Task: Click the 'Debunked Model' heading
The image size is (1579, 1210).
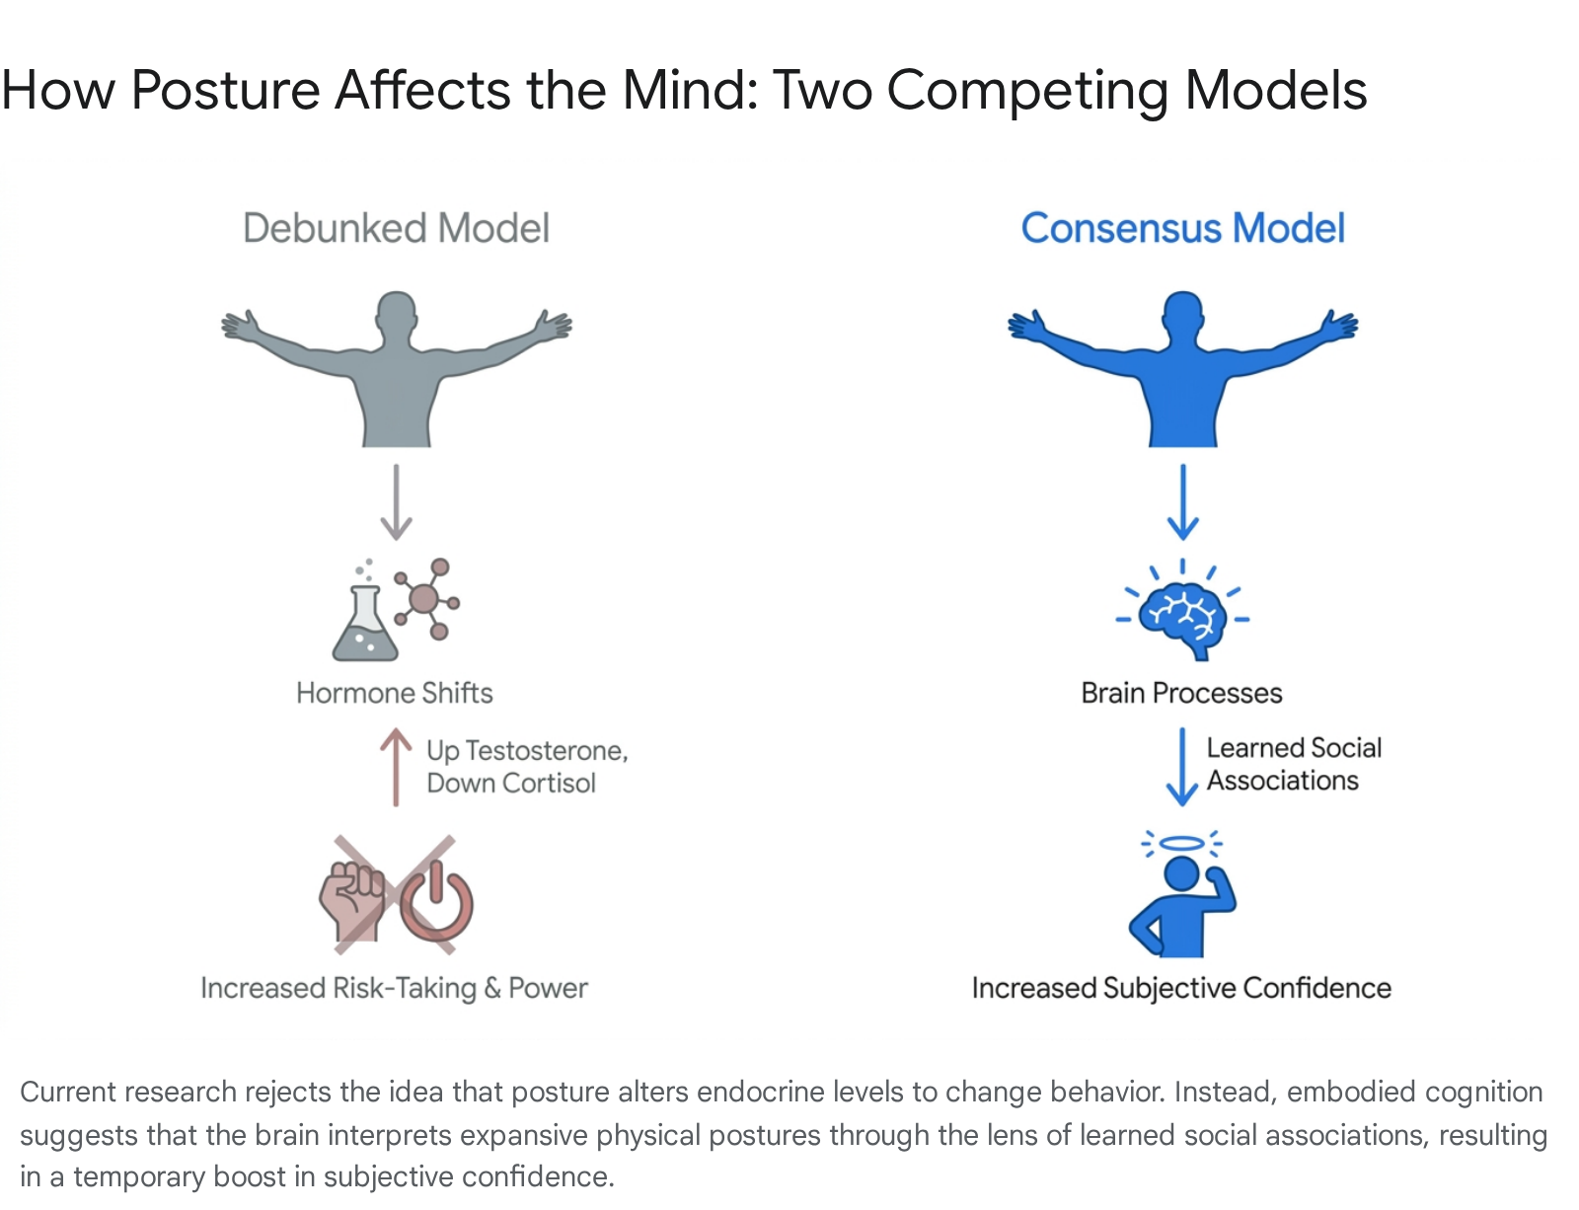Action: pyautogui.click(x=396, y=228)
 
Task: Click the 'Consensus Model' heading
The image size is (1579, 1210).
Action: pyautogui.click(x=1183, y=228)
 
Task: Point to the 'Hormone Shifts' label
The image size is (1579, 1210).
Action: pyautogui.click(x=395, y=693)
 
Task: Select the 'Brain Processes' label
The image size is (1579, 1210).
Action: pyautogui.click(x=1181, y=693)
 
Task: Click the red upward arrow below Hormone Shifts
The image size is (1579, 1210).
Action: pyautogui.click(x=396, y=768)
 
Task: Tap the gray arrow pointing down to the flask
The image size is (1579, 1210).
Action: pyautogui.click(x=396, y=502)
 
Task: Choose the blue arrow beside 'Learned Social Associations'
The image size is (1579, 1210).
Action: pyautogui.click(x=1182, y=767)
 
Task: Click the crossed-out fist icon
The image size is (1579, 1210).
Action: pyautogui.click(x=351, y=901)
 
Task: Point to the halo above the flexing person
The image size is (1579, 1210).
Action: pyautogui.click(x=1182, y=844)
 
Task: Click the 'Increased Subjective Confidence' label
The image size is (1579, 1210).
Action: pyautogui.click(x=1181, y=988)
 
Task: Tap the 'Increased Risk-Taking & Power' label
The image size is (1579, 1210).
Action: pyautogui.click(x=395, y=988)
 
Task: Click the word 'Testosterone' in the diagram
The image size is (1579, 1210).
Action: pyautogui.click(x=547, y=751)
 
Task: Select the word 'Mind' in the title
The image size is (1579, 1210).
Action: pyautogui.click(x=690, y=90)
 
